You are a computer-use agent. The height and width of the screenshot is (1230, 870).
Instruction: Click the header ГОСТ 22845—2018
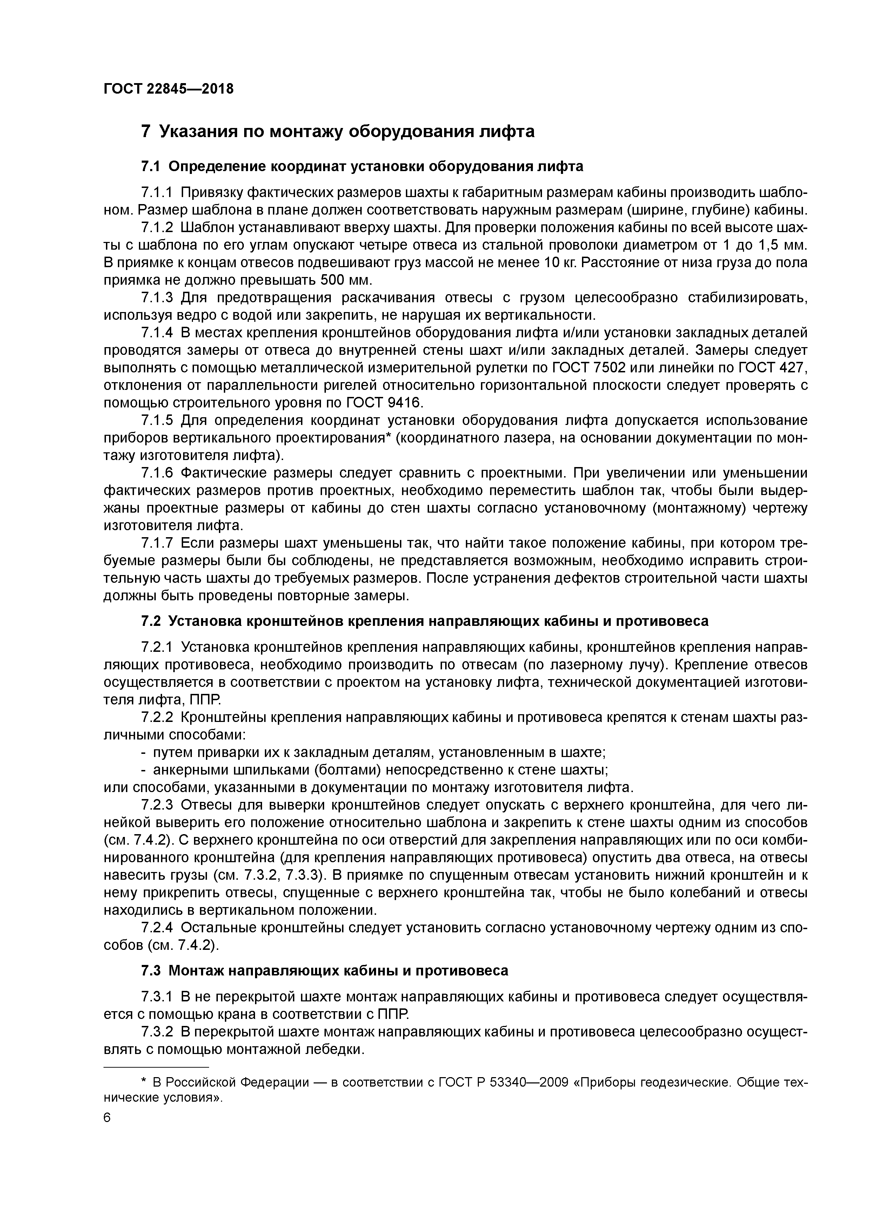168,89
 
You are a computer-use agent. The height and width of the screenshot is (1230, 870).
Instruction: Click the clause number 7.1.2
157,228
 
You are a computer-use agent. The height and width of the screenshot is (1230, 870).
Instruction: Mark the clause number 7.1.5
157,420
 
